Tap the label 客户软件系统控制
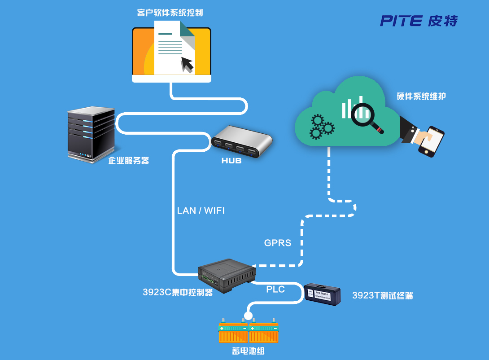[x=170, y=12]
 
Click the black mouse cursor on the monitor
[x=187, y=64]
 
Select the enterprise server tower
[x=90, y=134]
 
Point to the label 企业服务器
[x=128, y=160]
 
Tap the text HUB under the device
[x=231, y=161]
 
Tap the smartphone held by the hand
[x=431, y=141]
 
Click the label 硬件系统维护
[x=421, y=96]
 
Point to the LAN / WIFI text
[x=201, y=211]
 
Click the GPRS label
[x=277, y=243]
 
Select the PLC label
[x=275, y=290]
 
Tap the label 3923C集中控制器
[x=177, y=292]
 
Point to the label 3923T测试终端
[x=382, y=295]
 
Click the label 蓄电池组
[x=248, y=351]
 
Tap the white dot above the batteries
[x=248, y=316]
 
